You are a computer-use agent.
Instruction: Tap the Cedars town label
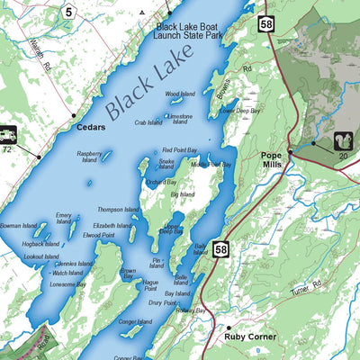[x=90, y=127]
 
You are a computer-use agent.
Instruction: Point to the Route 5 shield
[x=67, y=12]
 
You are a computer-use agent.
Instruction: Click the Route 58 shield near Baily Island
[x=222, y=247]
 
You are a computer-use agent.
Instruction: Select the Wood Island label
[x=180, y=94]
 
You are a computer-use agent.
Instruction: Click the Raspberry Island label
[x=89, y=157]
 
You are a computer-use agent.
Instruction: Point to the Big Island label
[x=182, y=193]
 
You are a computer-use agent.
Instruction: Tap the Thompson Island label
[x=119, y=210]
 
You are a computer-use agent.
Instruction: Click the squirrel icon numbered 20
[x=342, y=140]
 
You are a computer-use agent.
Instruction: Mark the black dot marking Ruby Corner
[x=229, y=328]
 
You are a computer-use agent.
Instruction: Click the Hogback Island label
[x=40, y=244]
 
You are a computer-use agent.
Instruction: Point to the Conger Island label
[x=134, y=322]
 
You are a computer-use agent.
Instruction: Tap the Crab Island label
[x=148, y=122]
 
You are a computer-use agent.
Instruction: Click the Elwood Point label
[x=98, y=235]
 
